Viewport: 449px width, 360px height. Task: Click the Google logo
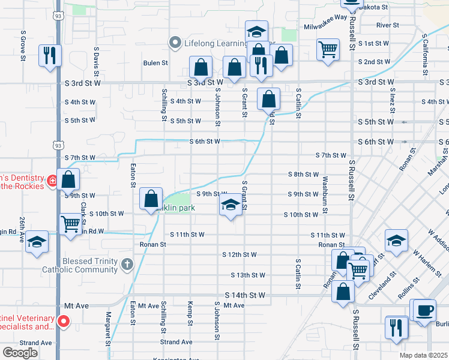20,352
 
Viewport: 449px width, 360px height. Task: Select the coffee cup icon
425,311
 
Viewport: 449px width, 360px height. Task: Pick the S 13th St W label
248,275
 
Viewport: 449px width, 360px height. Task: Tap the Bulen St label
155,62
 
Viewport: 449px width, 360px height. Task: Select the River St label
388,25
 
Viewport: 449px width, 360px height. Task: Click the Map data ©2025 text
423,355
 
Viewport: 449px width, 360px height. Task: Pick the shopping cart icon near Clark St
71,224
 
